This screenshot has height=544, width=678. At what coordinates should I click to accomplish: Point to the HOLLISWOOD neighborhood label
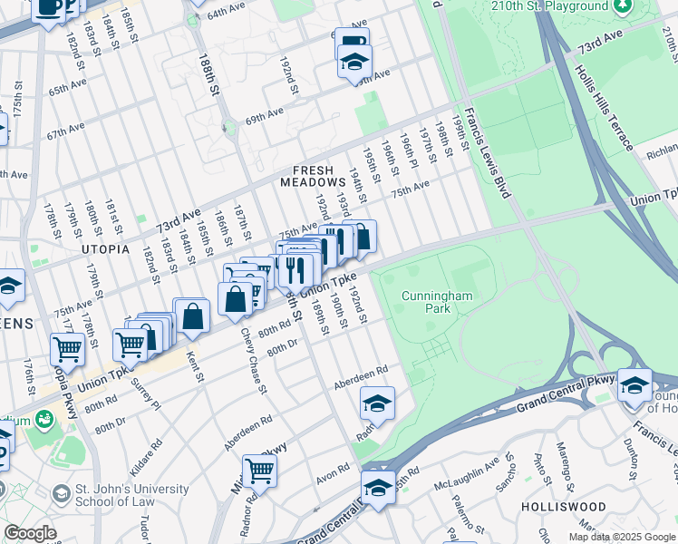click(x=558, y=506)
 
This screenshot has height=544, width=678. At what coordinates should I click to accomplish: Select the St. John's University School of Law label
click(x=120, y=496)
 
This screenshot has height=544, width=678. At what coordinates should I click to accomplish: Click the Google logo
click(x=30, y=533)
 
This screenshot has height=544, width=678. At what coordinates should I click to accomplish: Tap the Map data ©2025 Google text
click(x=622, y=537)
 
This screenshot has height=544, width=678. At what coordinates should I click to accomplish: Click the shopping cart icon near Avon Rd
click(x=259, y=471)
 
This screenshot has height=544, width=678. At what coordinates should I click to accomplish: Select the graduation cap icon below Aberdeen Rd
click(x=377, y=402)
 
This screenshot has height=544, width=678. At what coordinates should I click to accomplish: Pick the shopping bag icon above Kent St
click(x=191, y=316)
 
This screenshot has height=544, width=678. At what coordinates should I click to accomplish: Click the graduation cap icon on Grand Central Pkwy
click(x=634, y=384)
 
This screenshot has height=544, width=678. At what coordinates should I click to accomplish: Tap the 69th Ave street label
click(x=264, y=115)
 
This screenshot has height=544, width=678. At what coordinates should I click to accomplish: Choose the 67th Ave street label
click(x=66, y=131)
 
